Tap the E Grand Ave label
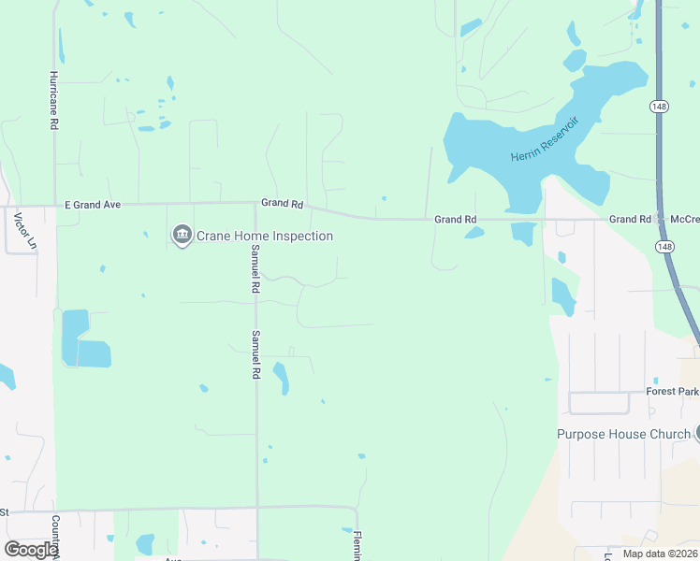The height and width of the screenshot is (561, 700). (x=93, y=204)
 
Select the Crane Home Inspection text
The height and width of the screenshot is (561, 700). (x=265, y=236)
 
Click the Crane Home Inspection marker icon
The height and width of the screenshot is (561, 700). (x=182, y=235)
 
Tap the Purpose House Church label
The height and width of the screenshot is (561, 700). (x=623, y=434)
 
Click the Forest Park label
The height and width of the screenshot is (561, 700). (x=672, y=392)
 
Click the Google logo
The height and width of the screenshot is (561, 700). (x=30, y=550)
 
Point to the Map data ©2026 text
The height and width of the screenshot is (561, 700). (x=659, y=554)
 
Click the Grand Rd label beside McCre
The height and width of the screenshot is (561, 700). (x=630, y=219)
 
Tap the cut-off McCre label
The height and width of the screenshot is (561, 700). (x=684, y=219)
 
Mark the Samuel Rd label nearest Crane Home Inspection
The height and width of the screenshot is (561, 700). (x=254, y=269)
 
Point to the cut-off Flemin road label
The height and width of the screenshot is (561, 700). (x=357, y=545)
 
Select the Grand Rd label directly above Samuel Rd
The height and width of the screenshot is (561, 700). (x=283, y=203)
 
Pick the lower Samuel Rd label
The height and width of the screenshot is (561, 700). (x=254, y=353)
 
